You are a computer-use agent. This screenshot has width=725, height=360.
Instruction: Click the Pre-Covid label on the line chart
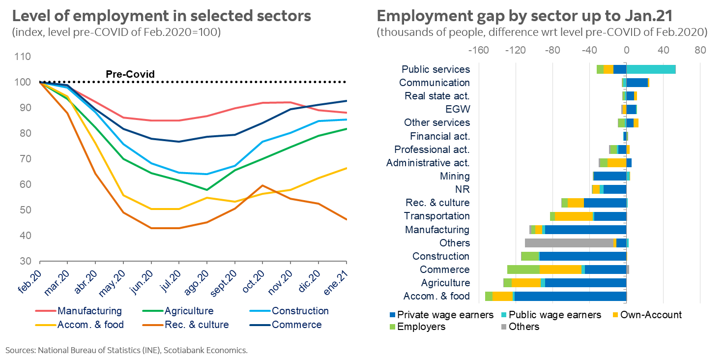130,74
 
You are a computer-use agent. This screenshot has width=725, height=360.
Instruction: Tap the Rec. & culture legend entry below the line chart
197,325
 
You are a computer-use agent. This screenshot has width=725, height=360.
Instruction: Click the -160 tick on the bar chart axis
479,50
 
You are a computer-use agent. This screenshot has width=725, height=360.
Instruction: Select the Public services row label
435,69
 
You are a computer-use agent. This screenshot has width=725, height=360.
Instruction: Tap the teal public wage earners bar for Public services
651,69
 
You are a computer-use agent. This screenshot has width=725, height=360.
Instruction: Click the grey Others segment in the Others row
569,243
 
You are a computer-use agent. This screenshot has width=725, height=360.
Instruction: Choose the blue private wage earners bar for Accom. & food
570,296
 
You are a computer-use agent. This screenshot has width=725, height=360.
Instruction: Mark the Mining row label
455,176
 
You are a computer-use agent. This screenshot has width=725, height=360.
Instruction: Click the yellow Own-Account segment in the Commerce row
560,270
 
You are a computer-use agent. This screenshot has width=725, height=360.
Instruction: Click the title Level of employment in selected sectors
162,16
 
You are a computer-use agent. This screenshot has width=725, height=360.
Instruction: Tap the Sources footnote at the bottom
126,350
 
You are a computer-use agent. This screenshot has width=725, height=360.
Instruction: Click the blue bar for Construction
582,256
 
